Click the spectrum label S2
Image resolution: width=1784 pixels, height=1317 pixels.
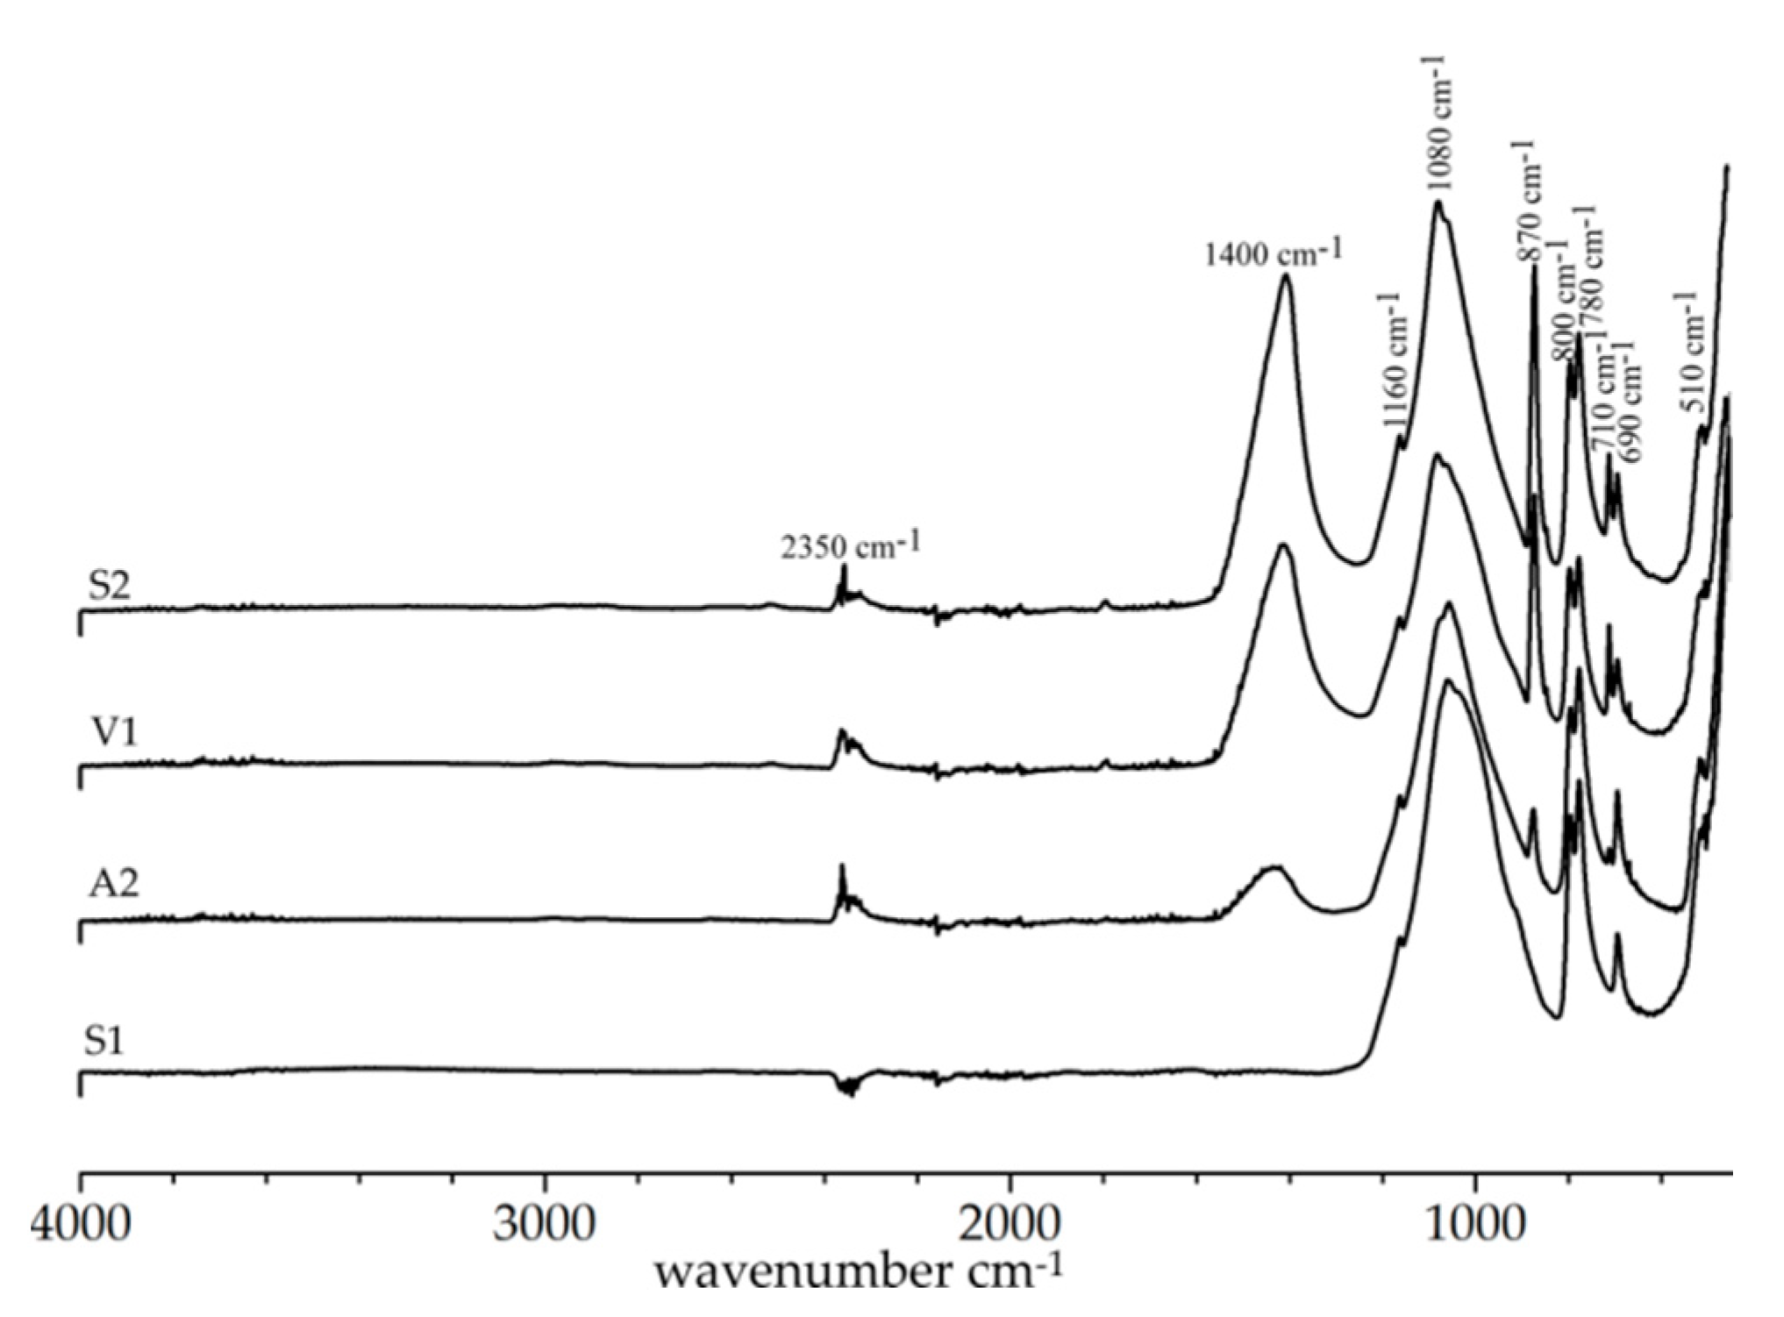pyautogui.click(x=109, y=586)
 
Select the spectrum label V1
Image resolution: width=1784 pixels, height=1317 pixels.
pyautogui.click(x=115, y=733)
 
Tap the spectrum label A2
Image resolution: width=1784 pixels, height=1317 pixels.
pyautogui.click(x=114, y=884)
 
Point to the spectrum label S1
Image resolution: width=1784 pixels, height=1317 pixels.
pyautogui.click(x=104, y=1041)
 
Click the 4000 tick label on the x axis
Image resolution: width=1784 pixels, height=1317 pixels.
pyautogui.click(x=81, y=1223)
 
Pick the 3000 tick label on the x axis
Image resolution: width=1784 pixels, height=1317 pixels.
pyautogui.click(x=544, y=1223)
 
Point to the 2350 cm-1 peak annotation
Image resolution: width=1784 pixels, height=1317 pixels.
pyautogui.click(x=851, y=547)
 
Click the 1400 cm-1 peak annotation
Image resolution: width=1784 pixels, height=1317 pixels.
pyautogui.click(x=1274, y=254)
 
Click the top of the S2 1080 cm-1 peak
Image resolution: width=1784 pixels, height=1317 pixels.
pyautogui.click(x=1438, y=203)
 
